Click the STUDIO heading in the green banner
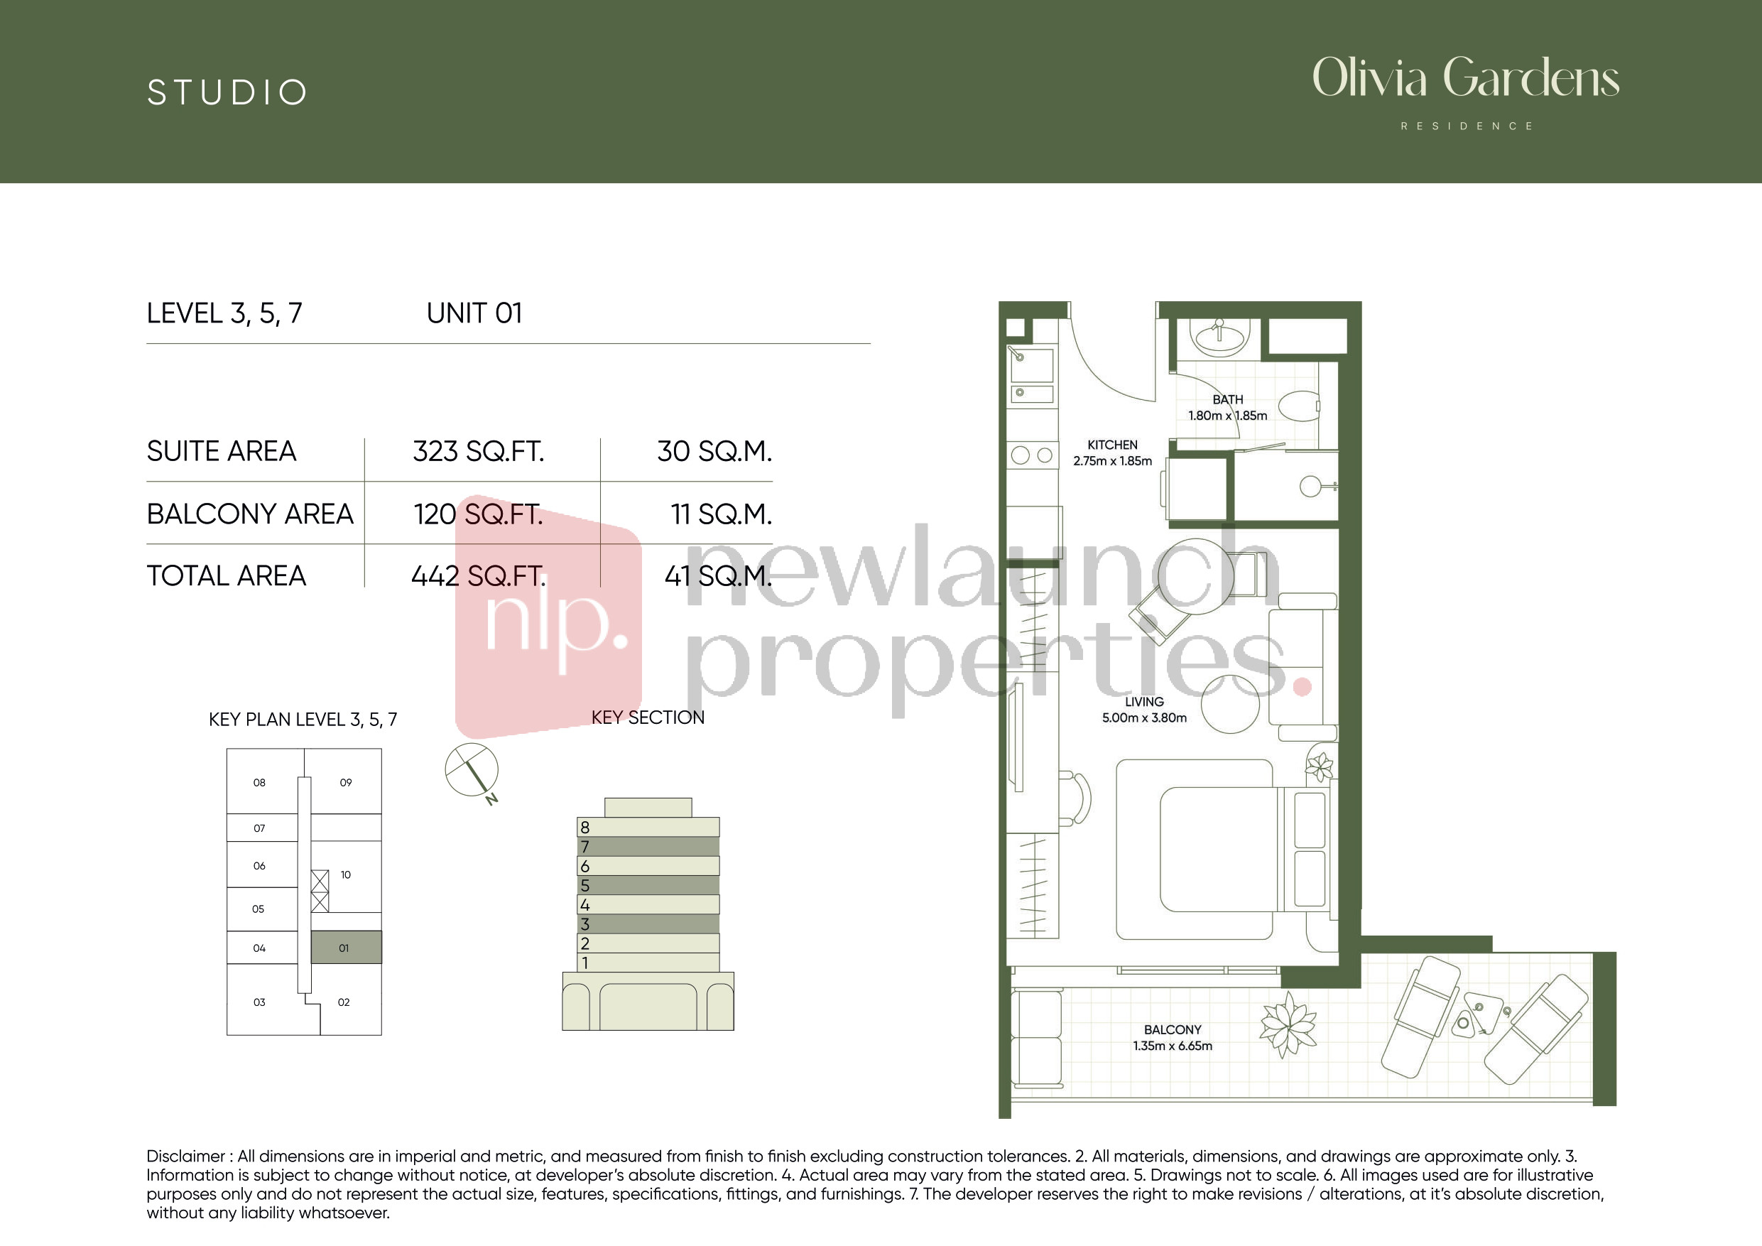[227, 93]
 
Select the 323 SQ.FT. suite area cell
[478, 451]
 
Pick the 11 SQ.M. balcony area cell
[721, 514]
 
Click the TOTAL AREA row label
[227, 576]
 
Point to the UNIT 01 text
[474, 313]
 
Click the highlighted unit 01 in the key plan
[345, 948]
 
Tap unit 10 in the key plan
[345, 875]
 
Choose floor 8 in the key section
[648, 827]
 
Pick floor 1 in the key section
[648, 963]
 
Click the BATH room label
[1228, 400]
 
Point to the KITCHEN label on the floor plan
[1113, 445]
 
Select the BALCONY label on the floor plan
[1173, 1029]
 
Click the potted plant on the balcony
[1288, 1024]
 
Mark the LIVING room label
[1144, 702]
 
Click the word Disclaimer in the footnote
[185, 1156]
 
